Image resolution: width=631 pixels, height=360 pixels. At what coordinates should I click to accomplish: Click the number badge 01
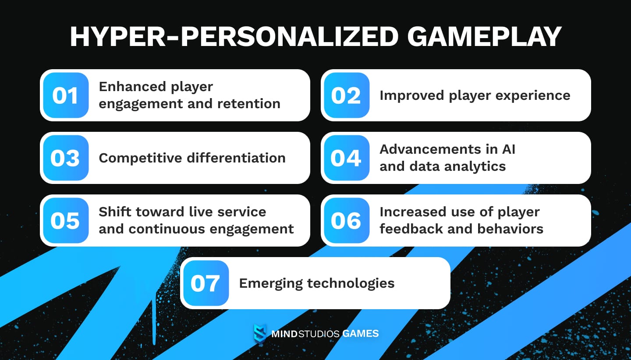click(x=66, y=95)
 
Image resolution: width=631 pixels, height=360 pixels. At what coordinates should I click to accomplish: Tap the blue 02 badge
click(x=346, y=95)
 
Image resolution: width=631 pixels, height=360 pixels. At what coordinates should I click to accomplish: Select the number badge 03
click(x=66, y=158)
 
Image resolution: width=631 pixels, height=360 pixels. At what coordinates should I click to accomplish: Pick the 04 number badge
click(x=346, y=158)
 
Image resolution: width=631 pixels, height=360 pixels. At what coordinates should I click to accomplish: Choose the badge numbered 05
click(x=66, y=221)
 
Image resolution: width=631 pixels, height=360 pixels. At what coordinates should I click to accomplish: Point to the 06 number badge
click(x=346, y=221)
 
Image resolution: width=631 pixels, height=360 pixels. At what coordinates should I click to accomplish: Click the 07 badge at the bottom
click(x=206, y=283)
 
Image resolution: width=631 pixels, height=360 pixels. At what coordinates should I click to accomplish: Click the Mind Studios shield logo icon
click(x=260, y=334)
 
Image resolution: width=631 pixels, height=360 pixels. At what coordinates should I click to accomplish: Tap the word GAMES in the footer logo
click(x=361, y=334)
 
